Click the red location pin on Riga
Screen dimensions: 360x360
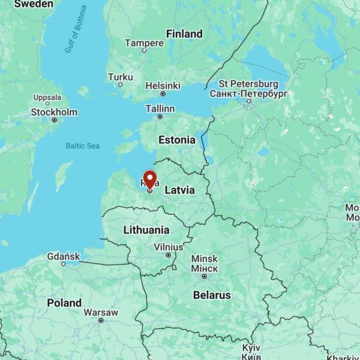149,179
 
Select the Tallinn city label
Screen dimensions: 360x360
160,109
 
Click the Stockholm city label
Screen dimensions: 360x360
54,112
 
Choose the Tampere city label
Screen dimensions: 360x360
144,43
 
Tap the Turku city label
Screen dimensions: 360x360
120,77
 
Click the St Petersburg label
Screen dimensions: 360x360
248,84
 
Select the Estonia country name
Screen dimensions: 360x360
176,140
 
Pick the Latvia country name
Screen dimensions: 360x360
179,190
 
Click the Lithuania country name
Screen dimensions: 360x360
146,230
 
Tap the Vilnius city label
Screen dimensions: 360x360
169,247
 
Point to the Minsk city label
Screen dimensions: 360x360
204,259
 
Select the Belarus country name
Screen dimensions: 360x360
212,295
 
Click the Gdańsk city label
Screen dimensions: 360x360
63,257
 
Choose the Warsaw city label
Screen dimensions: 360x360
101,313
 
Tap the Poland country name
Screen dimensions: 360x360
64,303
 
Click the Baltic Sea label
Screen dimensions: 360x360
83,146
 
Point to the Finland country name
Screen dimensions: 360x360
184,34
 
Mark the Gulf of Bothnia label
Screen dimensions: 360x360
76,29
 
